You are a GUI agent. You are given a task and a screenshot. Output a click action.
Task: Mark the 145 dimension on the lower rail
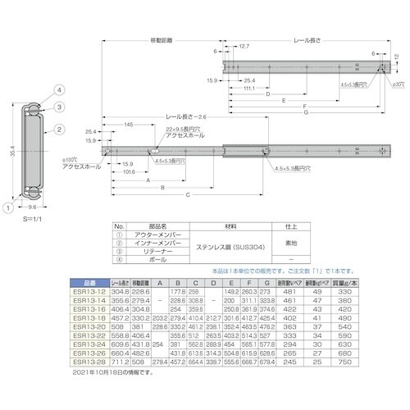[x=130, y=125]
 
